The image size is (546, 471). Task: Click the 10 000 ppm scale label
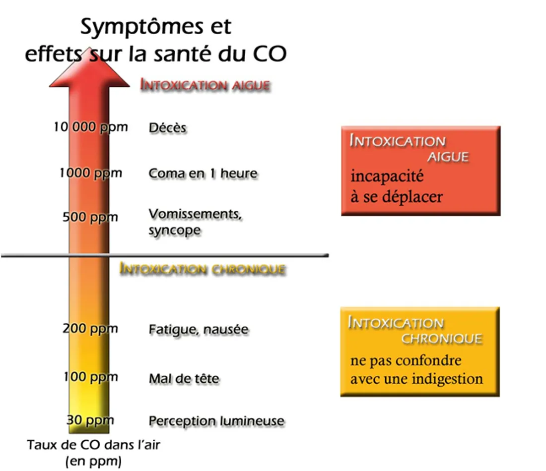click(x=90, y=127)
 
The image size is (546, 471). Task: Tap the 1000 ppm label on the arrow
click(x=90, y=173)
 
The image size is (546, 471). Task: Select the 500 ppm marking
click(x=90, y=217)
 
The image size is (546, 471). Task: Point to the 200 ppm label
click(x=90, y=328)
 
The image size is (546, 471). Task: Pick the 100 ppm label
click(x=90, y=377)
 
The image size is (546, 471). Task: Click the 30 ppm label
click(x=90, y=421)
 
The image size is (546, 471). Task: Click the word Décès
click(x=168, y=128)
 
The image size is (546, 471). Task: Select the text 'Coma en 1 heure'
click(x=203, y=174)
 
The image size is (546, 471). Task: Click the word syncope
click(x=175, y=231)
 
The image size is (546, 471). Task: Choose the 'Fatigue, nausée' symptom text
click(x=199, y=329)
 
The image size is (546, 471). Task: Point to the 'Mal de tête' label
click(x=184, y=379)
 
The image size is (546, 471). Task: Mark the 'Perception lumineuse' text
click(x=216, y=421)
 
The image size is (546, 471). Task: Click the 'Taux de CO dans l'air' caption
click(x=94, y=445)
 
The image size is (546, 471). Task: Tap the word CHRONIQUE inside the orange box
click(x=441, y=339)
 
